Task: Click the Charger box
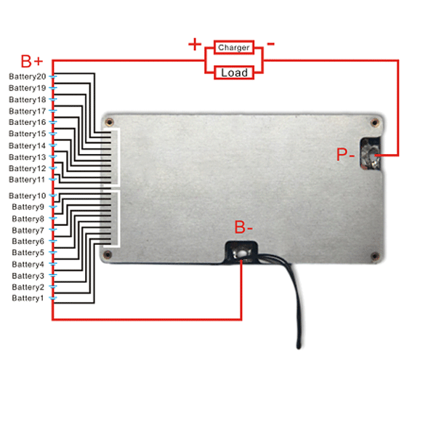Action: (234, 47)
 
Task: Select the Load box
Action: (234, 73)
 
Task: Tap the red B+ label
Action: (32, 61)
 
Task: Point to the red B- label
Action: (243, 227)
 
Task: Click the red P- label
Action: (345, 154)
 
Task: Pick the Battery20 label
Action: (28, 76)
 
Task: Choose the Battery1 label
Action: (28, 298)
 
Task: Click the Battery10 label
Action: (28, 195)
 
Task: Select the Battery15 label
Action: (28, 134)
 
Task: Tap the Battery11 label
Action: (27, 179)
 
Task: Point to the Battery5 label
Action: (28, 252)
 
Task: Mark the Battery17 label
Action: (28, 111)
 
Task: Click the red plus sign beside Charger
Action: (195, 44)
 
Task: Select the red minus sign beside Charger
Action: (270, 44)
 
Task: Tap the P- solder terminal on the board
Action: (371, 154)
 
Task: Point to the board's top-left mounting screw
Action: (109, 122)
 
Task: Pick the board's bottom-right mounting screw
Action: (375, 256)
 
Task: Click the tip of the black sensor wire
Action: (299, 347)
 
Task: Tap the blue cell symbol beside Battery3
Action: (53, 275)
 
